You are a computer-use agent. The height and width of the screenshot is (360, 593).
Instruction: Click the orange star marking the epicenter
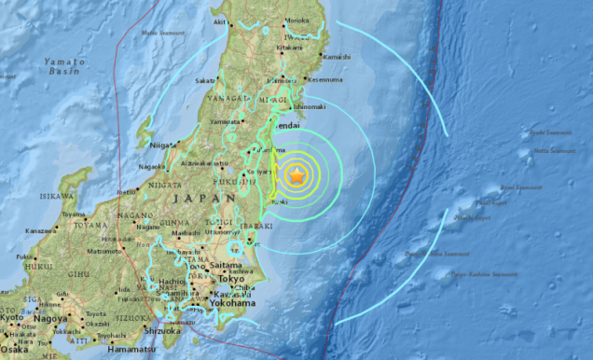pos(296,175)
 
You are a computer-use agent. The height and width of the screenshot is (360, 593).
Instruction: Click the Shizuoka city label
pos(160,330)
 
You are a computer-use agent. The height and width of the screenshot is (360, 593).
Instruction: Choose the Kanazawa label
pos(38,229)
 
